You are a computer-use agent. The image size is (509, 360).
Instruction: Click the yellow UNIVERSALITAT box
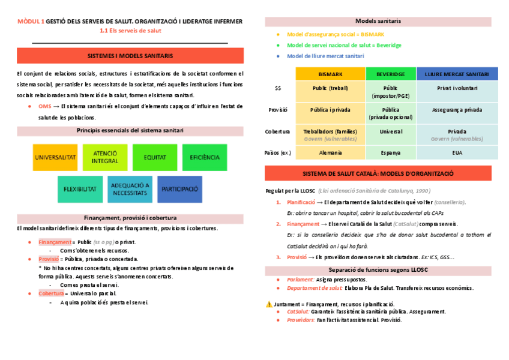tap(55, 157)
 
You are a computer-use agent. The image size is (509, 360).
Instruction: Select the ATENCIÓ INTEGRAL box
tap(105, 157)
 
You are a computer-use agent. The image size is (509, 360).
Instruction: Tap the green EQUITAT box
tap(155, 157)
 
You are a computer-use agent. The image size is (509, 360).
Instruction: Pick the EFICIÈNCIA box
tap(205, 157)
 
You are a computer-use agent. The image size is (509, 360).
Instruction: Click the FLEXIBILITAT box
tap(80, 189)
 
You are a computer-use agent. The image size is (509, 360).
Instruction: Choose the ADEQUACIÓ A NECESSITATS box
tap(130, 189)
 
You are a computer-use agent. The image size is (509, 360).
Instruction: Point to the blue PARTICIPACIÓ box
tap(180, 189)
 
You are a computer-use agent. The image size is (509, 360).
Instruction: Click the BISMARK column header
tap(331, 74)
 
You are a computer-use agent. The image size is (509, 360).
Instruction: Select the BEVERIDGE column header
tap(390, 74)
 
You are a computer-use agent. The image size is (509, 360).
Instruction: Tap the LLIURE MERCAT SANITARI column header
tap(457, 74)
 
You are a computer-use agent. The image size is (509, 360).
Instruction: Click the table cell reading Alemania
tap(331, 153)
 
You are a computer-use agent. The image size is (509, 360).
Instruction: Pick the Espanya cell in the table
tap(390, 153)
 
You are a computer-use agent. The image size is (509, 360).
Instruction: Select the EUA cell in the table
tap(457, 153)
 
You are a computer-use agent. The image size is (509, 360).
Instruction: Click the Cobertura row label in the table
tap(277, 131)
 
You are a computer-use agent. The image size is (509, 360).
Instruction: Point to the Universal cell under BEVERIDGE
tap(390, 131)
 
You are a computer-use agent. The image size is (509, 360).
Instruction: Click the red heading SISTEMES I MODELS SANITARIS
tap(130, 56)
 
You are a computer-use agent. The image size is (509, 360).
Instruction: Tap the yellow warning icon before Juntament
tap(268, 304)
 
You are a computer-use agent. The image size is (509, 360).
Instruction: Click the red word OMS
tap(44, 106)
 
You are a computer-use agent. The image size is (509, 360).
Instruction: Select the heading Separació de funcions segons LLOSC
tap(378, 270)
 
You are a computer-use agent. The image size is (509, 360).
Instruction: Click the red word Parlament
tap(301, 280)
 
